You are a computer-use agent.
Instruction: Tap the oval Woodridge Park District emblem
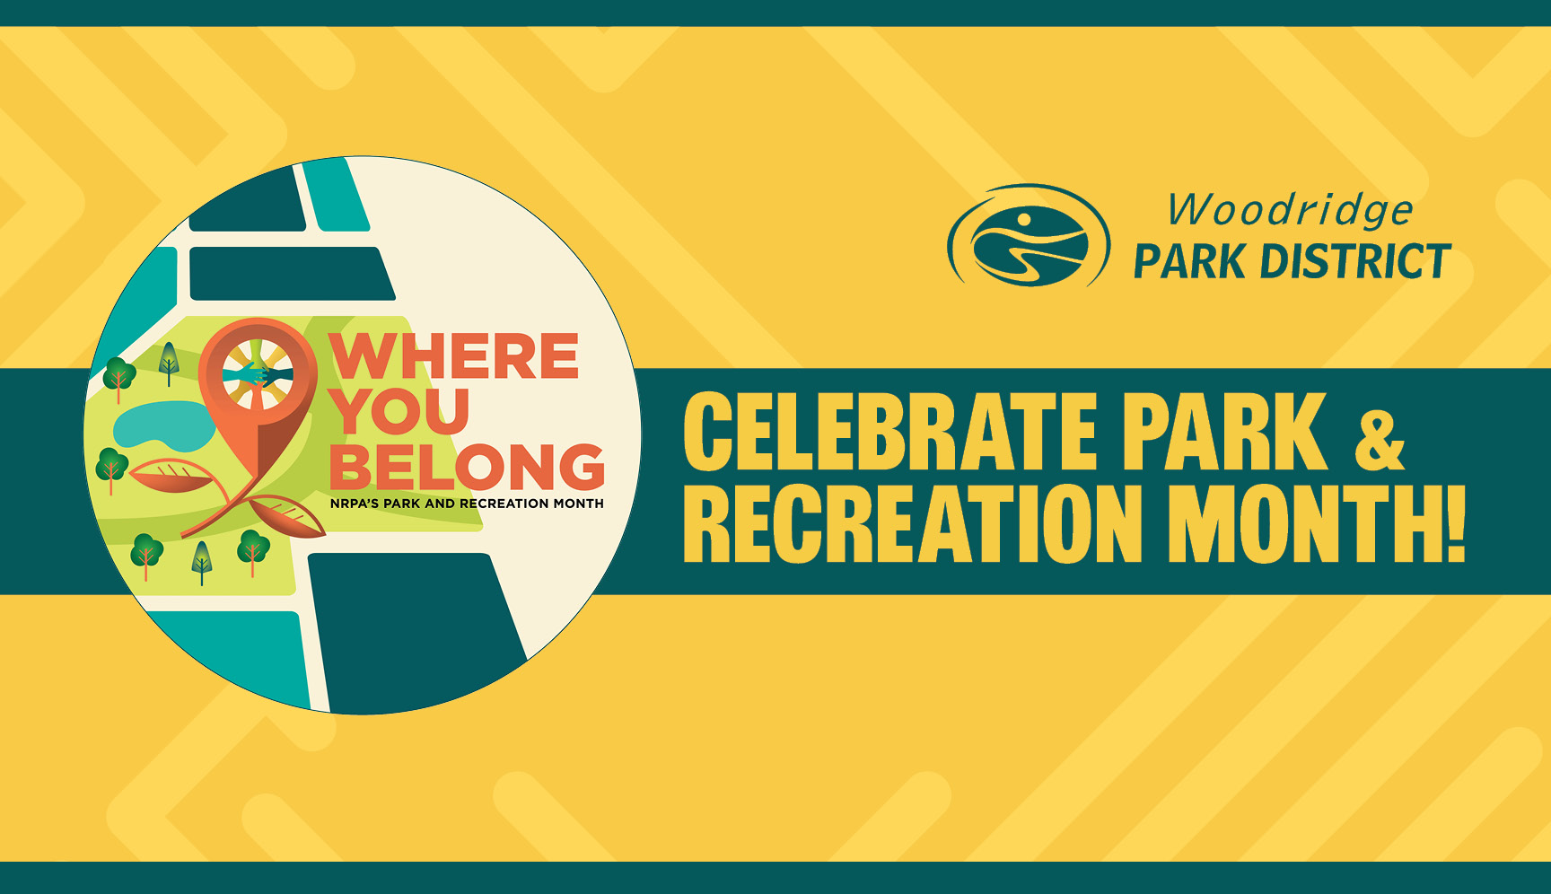point(1029,236)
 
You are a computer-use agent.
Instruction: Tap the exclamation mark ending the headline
point(1451,524)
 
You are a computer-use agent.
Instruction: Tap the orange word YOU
point(400,411)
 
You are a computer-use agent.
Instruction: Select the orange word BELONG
point(468,467)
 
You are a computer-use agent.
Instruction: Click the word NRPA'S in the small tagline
point(354,504)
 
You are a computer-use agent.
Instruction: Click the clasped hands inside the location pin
point(258,372)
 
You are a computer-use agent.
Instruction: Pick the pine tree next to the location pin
point(169,363)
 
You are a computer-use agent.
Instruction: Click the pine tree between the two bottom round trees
point(203,562)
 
